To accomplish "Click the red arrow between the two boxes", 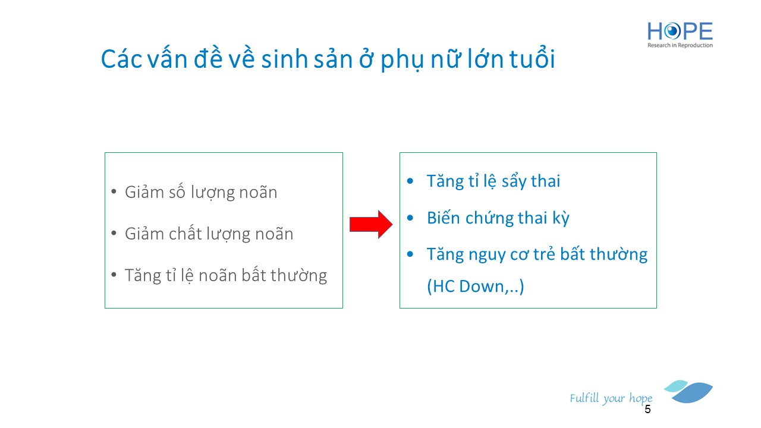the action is coord(371,225).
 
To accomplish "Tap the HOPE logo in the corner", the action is coord(680,34).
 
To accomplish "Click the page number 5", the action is coord(647,410).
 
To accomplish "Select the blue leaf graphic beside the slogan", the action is coord(689,392).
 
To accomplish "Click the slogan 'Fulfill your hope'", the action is coord(611,398).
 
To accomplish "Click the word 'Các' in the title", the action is coord(121,59).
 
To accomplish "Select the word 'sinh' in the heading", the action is coord(284,59).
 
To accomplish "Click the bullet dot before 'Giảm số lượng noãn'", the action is coord(114,191).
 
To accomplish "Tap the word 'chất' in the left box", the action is coord(184,234).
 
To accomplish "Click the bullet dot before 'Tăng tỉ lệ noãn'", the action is coord(114,275).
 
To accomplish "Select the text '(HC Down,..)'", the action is coord(475,287).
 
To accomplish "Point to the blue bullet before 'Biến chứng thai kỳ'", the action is coord(410,218).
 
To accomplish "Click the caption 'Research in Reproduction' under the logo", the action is coord(680,45).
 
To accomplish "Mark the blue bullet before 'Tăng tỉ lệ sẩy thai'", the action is coord(410,181).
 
